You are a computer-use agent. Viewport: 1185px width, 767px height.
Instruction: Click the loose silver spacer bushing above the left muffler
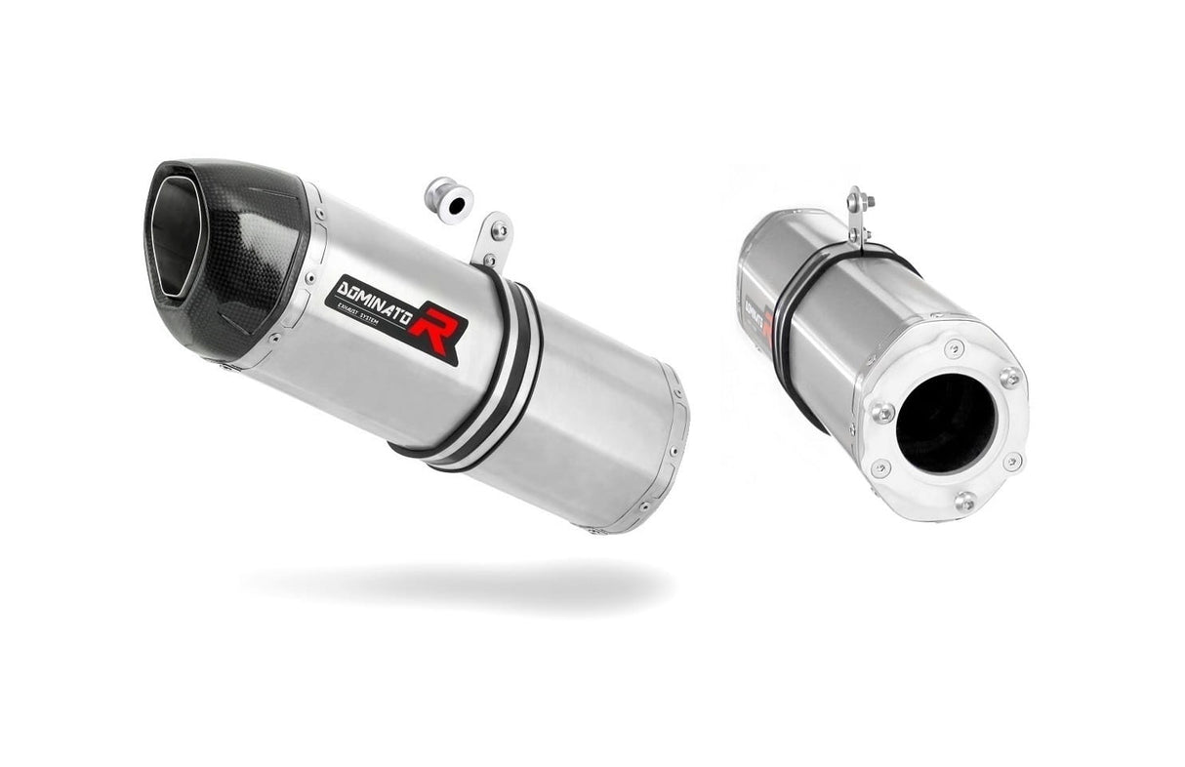click(x=450, y=201)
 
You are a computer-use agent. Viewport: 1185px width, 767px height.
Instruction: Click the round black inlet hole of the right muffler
click(x=945, y=422)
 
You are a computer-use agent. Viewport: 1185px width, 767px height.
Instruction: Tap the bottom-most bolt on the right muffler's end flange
click(x=964, y=502)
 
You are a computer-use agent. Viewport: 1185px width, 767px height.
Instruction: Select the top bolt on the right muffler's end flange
click(x=954, y=348)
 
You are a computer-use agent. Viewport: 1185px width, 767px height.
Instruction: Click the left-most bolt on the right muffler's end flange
click(x=881, y=412)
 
